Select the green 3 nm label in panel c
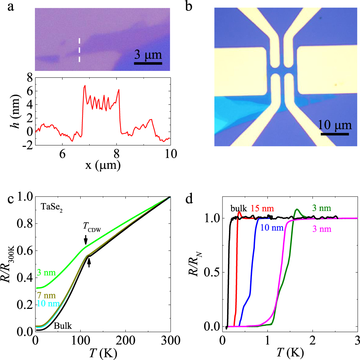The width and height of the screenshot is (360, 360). coord(46,273)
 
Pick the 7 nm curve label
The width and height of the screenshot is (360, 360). coord(46,296)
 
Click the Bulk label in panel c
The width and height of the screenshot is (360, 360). coord(63,327)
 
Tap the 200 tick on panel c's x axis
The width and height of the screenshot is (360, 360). coord(125,339)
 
